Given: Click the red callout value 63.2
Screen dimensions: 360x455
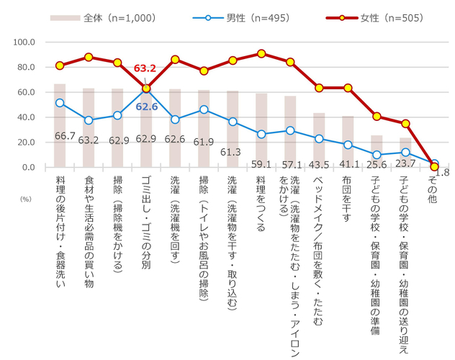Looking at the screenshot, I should (x=146, y=69).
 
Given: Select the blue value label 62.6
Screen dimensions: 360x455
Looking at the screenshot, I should (x=146, y=107).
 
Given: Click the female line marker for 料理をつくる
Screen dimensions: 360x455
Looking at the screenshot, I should (x=261, y=53).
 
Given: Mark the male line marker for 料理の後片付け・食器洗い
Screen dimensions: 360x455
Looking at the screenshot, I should (x=60, y=103).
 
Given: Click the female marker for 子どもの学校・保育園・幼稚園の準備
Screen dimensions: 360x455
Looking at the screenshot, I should (x=377, y=116).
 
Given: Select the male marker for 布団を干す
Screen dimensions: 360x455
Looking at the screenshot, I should (x=348, y=145).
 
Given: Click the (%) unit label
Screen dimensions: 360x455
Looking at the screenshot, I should (x=26, y=196).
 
